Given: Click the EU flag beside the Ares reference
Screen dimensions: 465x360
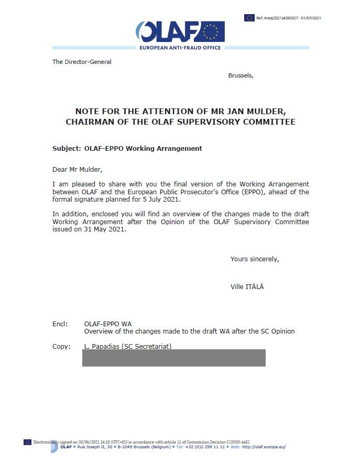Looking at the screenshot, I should tap(249, 18).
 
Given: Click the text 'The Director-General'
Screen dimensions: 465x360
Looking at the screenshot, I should tap(82, 62).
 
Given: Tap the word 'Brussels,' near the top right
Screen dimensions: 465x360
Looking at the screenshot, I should tap(241, 75).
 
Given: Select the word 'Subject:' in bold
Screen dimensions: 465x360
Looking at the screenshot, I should tap(67, 148).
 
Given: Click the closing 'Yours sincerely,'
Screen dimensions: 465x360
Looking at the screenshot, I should tap(255, 259).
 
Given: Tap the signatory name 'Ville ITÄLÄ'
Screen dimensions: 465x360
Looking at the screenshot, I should tap(247, 286).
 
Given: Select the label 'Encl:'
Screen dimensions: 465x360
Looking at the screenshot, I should tap(60, 324).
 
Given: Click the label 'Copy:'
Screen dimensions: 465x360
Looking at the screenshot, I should tap(61, 346).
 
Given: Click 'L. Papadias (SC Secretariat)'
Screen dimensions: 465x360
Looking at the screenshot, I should tap(128, 346).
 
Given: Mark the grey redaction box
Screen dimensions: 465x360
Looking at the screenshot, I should tap(174, 358).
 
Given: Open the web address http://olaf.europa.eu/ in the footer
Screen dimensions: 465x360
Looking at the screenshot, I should tap(264, 447).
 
